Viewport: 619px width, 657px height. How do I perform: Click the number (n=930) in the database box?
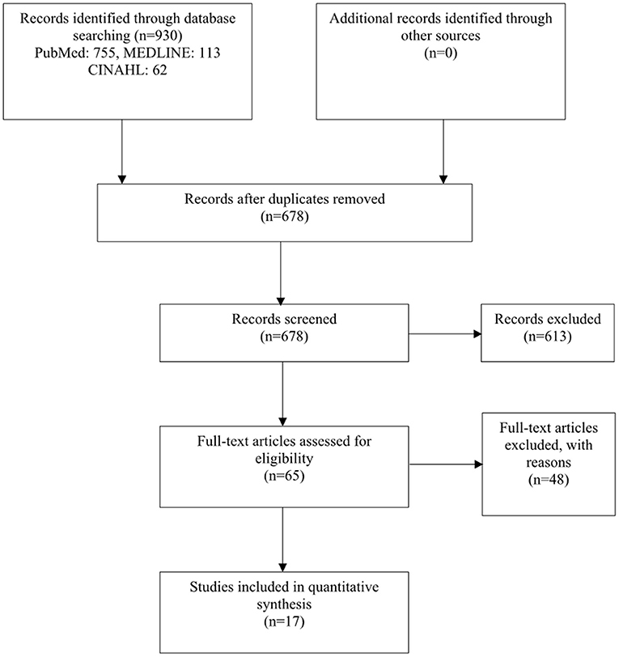159,36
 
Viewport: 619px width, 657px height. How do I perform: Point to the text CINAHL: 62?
127,70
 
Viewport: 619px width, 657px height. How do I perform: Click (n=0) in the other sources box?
440,53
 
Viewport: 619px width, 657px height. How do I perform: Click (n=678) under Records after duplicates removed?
285,216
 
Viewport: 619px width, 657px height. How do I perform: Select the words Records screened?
284,319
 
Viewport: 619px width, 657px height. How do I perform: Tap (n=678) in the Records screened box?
284,337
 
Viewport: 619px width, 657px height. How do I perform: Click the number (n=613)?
548,337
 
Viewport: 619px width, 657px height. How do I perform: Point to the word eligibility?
284,459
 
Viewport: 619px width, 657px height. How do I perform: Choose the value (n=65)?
284,476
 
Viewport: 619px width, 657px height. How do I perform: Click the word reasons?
549,463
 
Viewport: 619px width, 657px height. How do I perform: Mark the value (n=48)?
549,480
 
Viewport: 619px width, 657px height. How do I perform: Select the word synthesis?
284,604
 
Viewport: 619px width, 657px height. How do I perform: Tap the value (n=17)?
284,621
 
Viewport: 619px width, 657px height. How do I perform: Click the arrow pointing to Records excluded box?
445,334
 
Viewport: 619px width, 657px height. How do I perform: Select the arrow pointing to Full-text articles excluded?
446,464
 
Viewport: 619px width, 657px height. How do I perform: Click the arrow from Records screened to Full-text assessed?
283,394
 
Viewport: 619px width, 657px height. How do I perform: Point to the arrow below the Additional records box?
443,151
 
